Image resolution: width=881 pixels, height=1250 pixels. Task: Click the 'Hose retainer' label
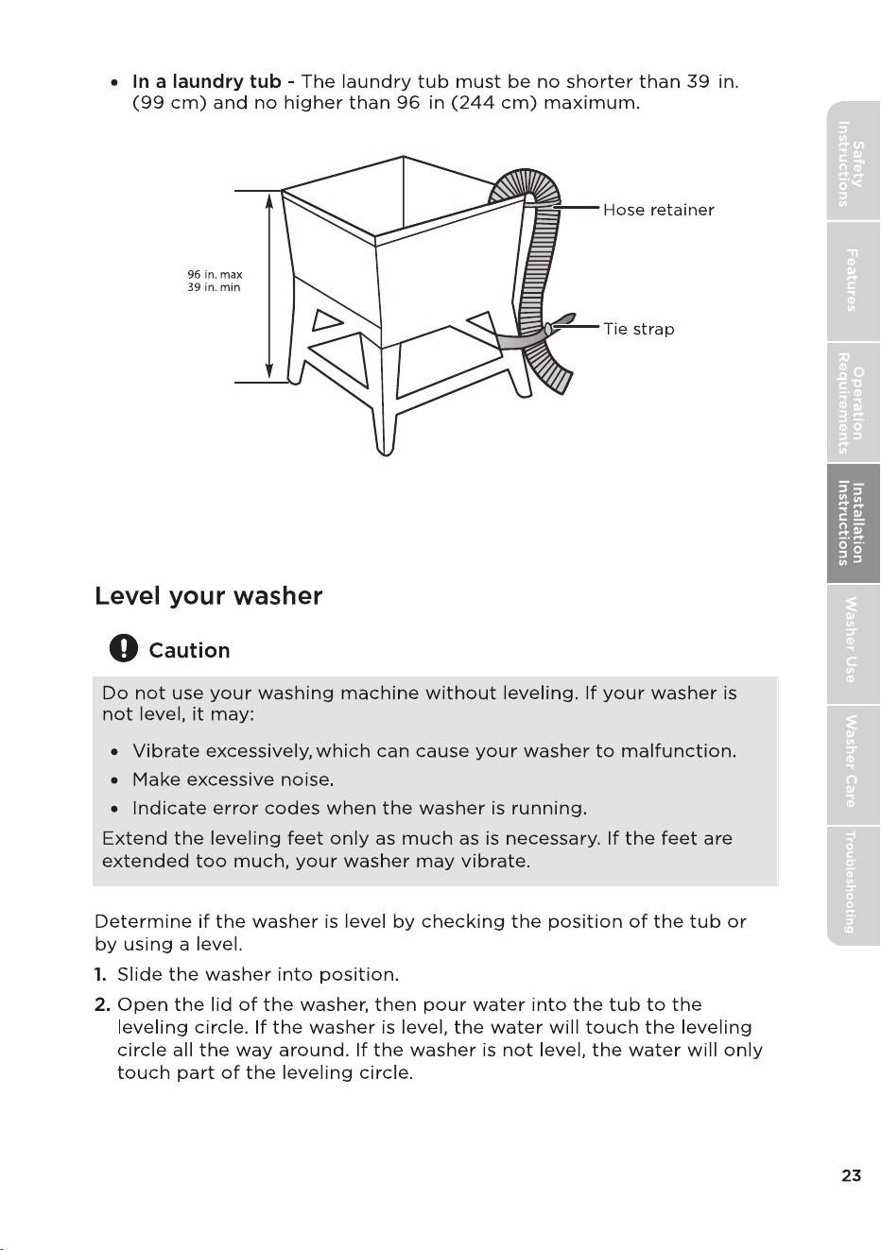(658, 210)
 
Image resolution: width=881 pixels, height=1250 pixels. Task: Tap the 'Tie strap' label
(639, 329)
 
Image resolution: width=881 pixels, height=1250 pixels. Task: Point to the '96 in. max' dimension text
(215, 275)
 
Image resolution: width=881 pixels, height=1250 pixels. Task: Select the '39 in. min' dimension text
(214, 287)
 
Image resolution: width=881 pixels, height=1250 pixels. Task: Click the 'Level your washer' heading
(208, 596)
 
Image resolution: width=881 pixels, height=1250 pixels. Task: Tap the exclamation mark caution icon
(124, 648)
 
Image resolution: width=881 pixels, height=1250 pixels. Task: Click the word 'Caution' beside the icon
(189, 650)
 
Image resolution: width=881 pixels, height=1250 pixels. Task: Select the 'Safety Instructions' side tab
(853, 165)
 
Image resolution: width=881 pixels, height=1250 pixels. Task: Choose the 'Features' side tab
(853, 281)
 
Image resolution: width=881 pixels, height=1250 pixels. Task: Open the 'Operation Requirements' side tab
(853, 402)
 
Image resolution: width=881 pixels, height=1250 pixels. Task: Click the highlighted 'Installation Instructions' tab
(853, 523)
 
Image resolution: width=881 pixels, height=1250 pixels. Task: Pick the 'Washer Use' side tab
(853, 644)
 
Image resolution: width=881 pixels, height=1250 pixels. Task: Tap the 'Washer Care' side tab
(853, 764)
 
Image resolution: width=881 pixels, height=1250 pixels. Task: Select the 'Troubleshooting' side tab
(853, 885)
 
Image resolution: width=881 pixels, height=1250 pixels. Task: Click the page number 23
(851, 1175)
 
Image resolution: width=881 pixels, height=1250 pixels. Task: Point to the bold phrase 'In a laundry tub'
(207, 81)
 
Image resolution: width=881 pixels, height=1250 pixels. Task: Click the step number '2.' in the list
(102, 1005)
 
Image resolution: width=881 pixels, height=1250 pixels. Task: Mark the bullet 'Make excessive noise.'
(233, 779)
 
